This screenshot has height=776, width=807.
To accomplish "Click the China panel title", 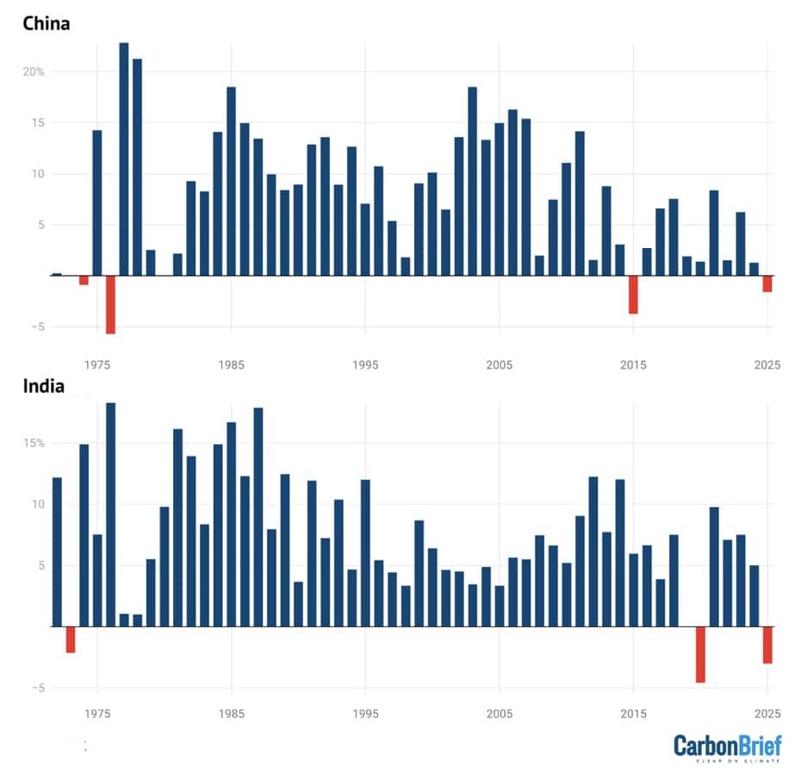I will tap(46, 23).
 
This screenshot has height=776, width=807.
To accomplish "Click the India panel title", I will tap(43, 386).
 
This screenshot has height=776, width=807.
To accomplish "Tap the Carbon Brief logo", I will tap(726, 747).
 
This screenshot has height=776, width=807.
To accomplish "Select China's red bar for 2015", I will tap(633, 295).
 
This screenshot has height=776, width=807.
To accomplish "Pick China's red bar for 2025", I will tap(767, 284).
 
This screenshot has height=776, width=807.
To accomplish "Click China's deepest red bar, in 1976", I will tap(110, 304).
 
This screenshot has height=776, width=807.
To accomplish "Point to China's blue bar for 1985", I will tap(231, 181).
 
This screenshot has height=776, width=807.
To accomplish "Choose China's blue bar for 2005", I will tap(500, 199).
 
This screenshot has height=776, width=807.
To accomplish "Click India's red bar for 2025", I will tap(767, 645).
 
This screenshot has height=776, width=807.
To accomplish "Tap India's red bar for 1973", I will tap(71, 640).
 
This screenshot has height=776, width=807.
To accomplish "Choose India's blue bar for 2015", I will tap(633, 590).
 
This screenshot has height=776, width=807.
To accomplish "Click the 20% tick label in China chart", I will tap(34, 71).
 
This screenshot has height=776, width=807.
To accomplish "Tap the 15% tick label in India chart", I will tap(34, 443).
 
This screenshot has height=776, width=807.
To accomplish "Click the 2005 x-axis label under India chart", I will tap(500, 714).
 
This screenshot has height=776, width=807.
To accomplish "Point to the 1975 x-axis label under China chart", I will tap(97, 364).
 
